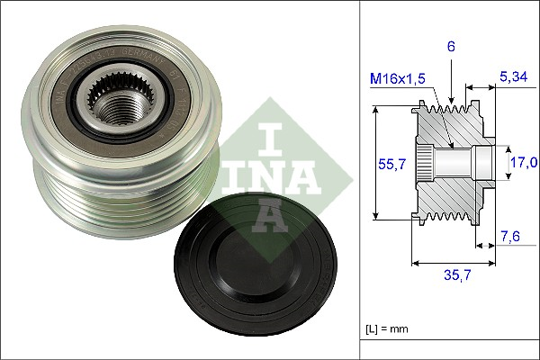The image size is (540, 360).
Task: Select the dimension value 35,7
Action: pyautogui.click(x=455, y=275)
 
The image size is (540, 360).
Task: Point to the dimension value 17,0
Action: pyautogui.click(x=524, y=163)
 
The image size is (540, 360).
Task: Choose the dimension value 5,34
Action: pyautogui.click(x=513, y=78)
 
